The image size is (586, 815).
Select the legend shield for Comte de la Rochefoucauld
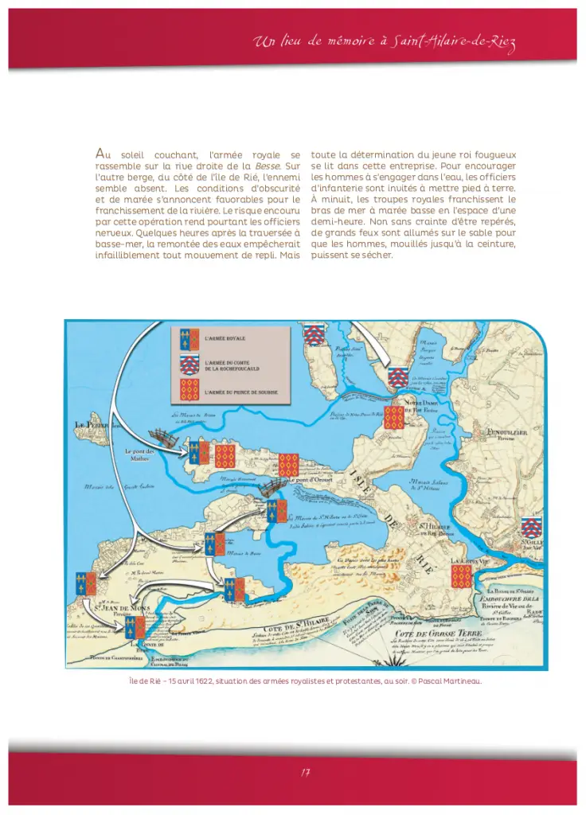(189, 365)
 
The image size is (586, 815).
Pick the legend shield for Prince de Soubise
(189, 389)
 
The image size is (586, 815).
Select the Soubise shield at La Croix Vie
(461, 576)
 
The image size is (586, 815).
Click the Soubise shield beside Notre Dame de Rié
(393, 418)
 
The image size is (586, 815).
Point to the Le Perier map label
(90, 425)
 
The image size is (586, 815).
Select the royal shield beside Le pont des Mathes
(193, 454)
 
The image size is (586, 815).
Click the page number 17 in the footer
(305, 772)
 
